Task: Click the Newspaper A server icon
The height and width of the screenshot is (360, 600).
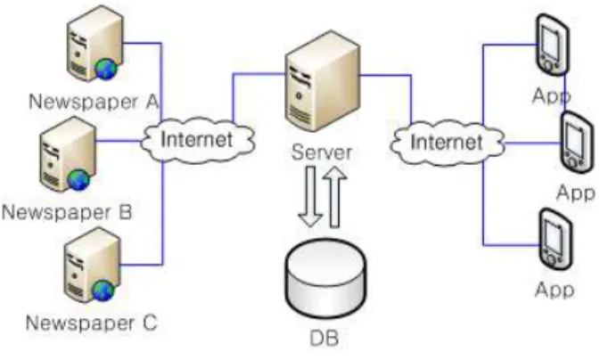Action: (x=95, y=43)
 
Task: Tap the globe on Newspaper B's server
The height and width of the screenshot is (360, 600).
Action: (x=78, y=180)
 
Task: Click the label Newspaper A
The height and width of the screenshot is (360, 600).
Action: (x=94, y=102)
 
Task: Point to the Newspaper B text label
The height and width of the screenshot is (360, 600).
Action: (x=68, y=212)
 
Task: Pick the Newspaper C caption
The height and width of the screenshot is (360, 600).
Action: (x=92, y=323)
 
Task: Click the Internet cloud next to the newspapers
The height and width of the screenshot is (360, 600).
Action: (x=197, y=140)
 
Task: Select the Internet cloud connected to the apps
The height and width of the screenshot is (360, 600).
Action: (x=447, y=143)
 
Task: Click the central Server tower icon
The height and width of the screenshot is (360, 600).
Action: (x=322, y=81)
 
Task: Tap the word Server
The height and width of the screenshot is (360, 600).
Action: (x=322, y=152)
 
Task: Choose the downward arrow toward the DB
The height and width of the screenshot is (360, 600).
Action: (x=310, y=197)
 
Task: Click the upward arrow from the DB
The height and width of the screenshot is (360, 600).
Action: (x=335, y=197)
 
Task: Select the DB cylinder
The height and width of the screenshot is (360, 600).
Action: (x=325, y=279)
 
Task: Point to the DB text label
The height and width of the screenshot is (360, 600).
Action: (x=324, y=339)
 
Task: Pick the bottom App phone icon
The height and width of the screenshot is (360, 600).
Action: (x=555, y=240)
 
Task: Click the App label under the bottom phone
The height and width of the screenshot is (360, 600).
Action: (x=555, y=290)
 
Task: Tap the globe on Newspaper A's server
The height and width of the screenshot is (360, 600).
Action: (x=106, y=69)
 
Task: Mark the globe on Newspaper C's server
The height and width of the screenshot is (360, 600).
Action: (x=103, y=290)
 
